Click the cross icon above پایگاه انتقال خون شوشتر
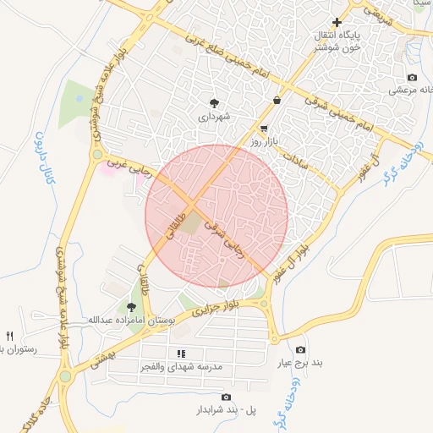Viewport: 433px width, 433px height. [337, 23]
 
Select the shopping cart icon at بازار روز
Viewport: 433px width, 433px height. [265, 129]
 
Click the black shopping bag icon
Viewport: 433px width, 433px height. [277, 101]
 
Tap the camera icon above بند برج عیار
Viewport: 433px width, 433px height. [300, 350]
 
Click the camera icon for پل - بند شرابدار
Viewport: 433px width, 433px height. [226, 397]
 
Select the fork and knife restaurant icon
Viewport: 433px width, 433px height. [10, 336]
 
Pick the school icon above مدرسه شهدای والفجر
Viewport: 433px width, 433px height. [181, 354]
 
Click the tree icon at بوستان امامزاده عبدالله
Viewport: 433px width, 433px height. [130, 307]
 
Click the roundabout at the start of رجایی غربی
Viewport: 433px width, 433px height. [97, 155]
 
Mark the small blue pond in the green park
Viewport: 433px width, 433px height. [79, 99]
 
